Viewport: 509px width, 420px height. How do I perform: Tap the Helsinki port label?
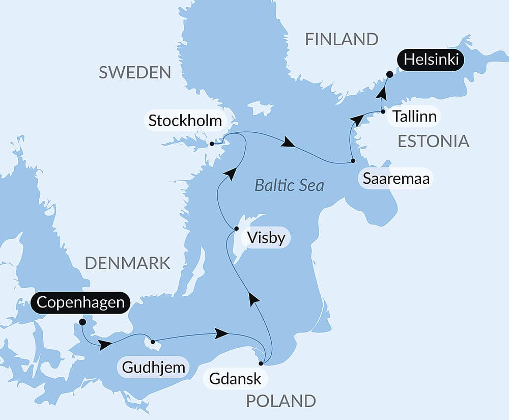[x=431, y=60]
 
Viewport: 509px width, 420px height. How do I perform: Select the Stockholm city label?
[x=185, y=121]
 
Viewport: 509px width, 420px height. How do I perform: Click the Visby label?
[x=265, y=238]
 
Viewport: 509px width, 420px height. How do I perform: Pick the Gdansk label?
[x=235, y=379]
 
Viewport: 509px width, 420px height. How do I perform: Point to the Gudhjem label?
[x=153, y=367]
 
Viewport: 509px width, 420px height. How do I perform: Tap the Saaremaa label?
[x=395, y=179]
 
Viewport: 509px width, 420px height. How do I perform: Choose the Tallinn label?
[x=414, y=117]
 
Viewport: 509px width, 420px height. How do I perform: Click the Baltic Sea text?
[x=289, y=185]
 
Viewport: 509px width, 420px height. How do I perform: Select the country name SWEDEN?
[x=135, y=72]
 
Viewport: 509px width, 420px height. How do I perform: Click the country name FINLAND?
[x=342, y=39]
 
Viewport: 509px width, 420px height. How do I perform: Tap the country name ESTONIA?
[x=433, y=141]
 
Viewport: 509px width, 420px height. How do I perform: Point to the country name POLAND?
[x=281, y=401]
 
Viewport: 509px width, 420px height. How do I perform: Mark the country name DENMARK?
[x=127, y=263]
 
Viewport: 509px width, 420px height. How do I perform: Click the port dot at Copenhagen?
[x=82, y=322]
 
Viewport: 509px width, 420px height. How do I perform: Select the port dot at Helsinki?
[x=389, y=74]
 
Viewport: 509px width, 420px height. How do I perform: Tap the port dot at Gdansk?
[x=262, y=363]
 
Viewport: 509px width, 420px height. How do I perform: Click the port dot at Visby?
[x=236, y=229]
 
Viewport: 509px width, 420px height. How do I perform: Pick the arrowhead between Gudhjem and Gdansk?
[x=221, y=333]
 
